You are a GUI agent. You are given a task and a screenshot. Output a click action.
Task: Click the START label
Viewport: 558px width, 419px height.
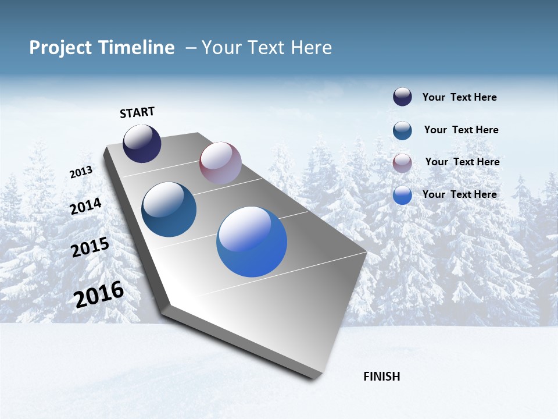point(137,112)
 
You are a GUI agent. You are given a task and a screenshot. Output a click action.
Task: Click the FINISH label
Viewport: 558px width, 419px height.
point(381,377)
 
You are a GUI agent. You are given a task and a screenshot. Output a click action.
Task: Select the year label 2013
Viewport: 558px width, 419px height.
point(81,172)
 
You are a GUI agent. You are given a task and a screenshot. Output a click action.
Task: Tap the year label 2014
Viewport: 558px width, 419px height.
point(85,206)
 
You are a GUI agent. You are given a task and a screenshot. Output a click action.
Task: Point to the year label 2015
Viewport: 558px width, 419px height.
point(90,247)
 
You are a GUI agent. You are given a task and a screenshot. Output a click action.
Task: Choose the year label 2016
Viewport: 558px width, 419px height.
point(99,294)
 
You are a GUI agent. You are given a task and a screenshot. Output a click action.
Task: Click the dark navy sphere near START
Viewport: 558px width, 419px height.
point(142,144)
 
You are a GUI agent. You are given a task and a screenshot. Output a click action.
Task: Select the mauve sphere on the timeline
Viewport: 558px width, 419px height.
point(220,162)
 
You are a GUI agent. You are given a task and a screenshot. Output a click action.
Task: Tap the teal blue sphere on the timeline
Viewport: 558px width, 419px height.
point(169,210)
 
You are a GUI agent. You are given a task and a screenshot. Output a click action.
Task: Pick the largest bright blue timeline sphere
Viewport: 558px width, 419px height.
point(252,242)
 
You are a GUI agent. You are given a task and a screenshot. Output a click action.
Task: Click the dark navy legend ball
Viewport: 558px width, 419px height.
point(402,97)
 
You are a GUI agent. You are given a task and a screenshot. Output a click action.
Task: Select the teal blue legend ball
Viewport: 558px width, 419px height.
point(402,130)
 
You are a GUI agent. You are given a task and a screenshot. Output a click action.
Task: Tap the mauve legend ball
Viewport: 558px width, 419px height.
point(402,162)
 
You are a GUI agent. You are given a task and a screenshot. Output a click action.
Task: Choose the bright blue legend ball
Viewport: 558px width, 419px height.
point(402,195)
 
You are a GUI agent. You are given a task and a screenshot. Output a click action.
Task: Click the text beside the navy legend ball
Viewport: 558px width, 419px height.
point(459,98)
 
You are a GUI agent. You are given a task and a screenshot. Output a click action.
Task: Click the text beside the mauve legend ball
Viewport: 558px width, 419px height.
point(462,162)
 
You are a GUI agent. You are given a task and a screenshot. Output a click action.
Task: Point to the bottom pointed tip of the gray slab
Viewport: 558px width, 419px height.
point(314,379)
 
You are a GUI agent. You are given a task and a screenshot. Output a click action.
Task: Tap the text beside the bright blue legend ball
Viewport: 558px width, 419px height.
point(459,194)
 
